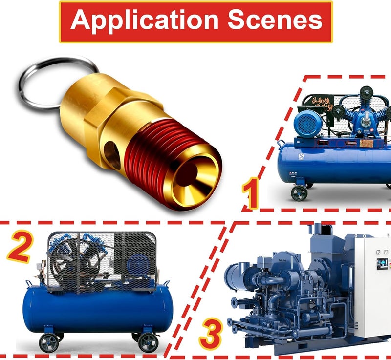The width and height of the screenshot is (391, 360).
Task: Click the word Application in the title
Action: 142,21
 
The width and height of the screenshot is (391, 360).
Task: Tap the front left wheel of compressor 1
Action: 299,192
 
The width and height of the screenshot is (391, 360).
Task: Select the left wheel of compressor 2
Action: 48,342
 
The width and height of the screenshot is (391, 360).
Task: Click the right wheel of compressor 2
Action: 147,342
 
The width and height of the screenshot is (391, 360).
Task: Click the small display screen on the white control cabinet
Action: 381,264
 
